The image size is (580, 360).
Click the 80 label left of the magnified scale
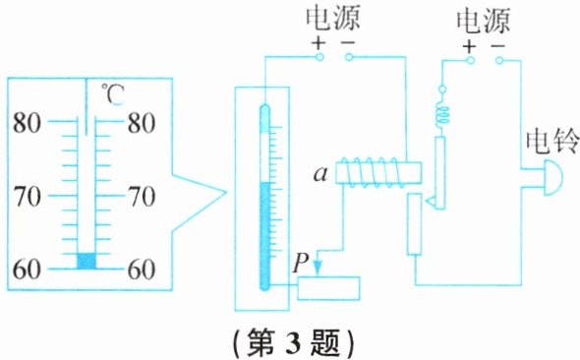click(x=27, y=123)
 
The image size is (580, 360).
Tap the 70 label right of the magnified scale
click(x=142, y=196)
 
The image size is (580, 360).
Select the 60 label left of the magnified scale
click(x=27, y=269)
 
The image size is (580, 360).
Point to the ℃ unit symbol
click(x=113, y=94)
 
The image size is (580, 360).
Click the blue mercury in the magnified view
click(x=87, y=261)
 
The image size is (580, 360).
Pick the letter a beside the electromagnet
click(x=320, y=174)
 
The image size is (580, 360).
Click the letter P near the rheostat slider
click(x=301, y=263)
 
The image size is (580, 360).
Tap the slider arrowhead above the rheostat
click(x=318, y=268)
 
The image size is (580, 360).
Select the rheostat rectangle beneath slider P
click(x=328, y=288)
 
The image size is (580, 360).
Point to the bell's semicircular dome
click(x=552, y=178)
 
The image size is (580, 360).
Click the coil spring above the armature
click(x=441, y=115)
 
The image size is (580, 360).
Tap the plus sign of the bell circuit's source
click(x=469, y=46)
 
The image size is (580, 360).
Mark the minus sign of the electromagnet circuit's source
click(x=347, y=42)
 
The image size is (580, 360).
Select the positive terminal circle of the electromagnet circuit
click(x=319, y=57)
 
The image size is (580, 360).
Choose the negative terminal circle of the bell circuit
click(x=499, y=60)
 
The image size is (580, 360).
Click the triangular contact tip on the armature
click(x=431, y=202)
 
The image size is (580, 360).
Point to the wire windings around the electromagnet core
click(x=370, y=171)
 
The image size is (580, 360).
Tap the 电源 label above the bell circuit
click(x=483, y=22)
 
